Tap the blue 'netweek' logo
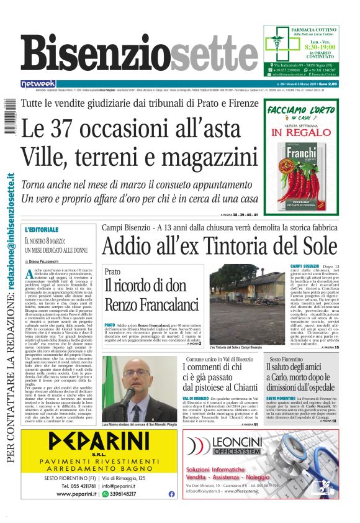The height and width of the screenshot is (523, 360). tap(38, 83)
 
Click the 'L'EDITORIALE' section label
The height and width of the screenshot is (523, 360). tap(42, 230)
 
